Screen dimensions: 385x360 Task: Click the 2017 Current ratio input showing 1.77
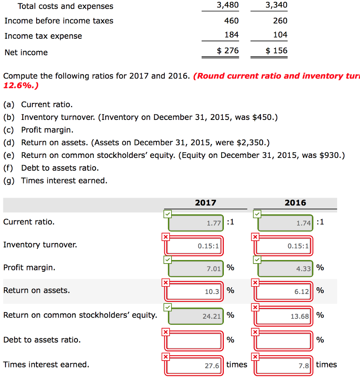[x=196, y=223]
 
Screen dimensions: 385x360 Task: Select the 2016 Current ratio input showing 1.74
[x=285, y=223]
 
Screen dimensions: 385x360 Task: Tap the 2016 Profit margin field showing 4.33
[x=285, y=269]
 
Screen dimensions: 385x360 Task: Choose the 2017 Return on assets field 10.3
[x=196, y=291]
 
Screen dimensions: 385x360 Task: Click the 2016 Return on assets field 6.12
[x=285, y=291]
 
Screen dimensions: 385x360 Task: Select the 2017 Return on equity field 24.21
[x=196, y=316]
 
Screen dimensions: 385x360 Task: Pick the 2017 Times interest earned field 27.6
[x=196, y=365]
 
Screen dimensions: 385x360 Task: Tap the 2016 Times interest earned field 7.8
[x=285, y=365]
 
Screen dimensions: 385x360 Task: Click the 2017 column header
[x=205, y=203]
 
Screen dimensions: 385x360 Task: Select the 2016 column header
[x=295, y=203]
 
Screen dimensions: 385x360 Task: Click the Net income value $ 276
[x=228, y=51]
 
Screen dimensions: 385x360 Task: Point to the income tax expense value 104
[x=280, y=35]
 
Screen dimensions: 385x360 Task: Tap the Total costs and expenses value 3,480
[x=228, y=5]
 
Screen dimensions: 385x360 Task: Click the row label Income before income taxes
[x=59, y=21]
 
